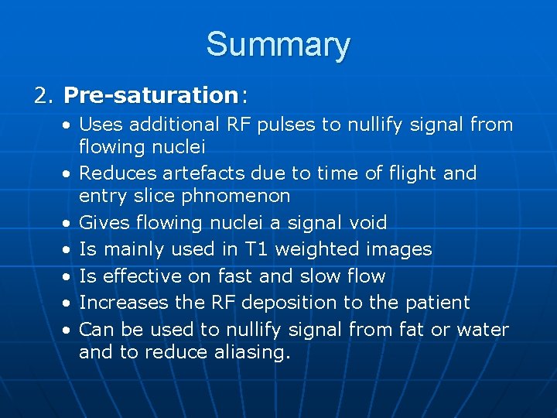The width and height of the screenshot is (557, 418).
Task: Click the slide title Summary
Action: pos(278,45)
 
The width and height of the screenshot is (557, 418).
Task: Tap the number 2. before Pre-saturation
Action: pos(43,95)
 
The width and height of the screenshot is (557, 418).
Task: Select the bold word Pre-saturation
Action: pos(151,95)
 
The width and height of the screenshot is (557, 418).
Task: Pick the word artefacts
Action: pos(195,173)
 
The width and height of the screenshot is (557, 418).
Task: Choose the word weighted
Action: pos(318,249)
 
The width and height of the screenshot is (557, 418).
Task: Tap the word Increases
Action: pos(118,303)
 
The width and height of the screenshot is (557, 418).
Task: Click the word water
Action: pos(483,330)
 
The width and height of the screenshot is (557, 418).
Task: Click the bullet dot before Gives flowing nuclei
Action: pos(69,224)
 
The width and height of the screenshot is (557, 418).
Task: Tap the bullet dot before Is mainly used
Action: pos(69,250)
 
